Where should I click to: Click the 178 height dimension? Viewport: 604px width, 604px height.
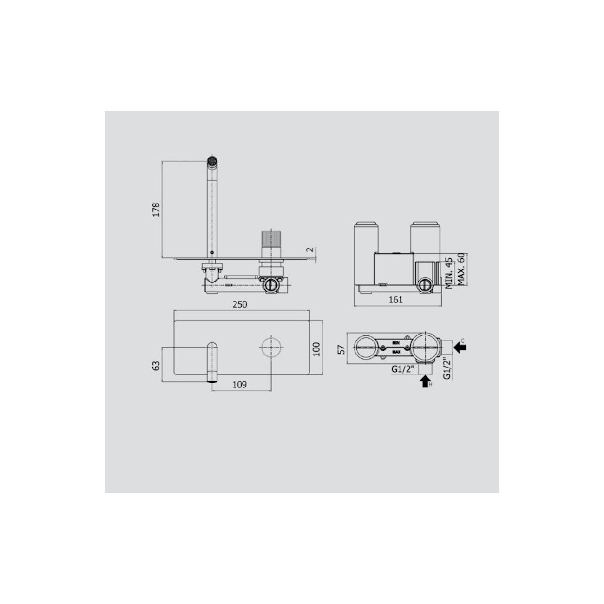[156, 209]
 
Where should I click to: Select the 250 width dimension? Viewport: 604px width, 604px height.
[240, 305]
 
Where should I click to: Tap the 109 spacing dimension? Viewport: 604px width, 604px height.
[239, 384]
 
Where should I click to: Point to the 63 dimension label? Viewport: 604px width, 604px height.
[157, 366]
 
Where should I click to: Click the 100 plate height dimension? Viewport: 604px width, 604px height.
[316, 349]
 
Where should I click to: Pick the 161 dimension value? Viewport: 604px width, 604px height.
[395, 300]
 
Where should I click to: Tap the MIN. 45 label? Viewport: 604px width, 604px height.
[449, 274]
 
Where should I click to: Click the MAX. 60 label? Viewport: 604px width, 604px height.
[461, 269]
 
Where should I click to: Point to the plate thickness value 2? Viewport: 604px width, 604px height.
[309, 250]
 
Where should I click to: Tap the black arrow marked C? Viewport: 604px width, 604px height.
[460, 347]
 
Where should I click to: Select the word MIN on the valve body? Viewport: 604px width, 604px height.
[396, 342]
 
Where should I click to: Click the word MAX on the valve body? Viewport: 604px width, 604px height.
[397, 352]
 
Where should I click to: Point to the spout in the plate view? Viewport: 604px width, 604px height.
[212, 362]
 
